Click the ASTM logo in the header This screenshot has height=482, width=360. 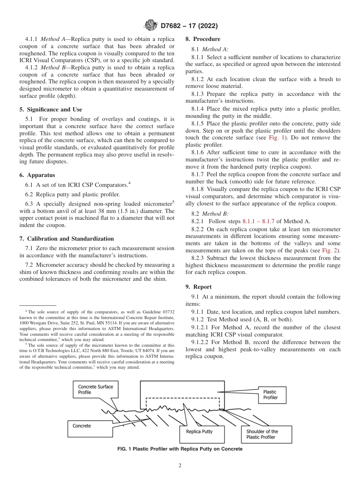click(151, 26)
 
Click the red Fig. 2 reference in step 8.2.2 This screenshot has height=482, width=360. click(331, 250)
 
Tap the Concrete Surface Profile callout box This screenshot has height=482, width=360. click(95, 390)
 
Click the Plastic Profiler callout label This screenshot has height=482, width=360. click(270, 395)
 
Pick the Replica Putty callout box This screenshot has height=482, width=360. click(199, 432)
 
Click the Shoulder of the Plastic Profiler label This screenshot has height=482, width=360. click(266, 434)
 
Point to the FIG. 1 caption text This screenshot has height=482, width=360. click(180, 449)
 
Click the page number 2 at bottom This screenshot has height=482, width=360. click(180, 466)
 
